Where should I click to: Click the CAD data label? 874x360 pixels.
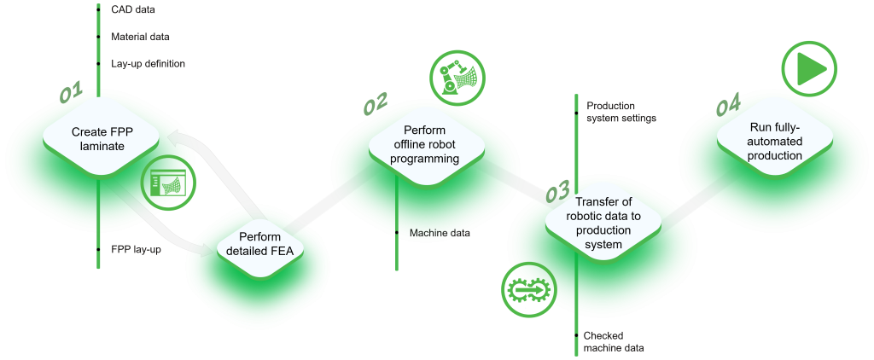click(133, 9)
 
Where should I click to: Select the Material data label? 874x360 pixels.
click(140, 37)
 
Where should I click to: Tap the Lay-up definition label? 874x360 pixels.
click(148, 64)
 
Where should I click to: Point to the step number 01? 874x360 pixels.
click(71, 92)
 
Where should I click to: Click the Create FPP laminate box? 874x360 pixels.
click(101, 139)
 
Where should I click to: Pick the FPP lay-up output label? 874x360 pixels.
click(137, 249)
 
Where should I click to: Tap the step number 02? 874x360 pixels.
click(376, 103)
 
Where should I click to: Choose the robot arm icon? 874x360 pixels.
click(458, 76)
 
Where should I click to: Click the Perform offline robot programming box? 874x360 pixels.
click(425, 145)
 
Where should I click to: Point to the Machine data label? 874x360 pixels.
click(440, 233)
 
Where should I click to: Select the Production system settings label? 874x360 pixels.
click(621, 112)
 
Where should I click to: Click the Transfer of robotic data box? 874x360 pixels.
click(603, 222)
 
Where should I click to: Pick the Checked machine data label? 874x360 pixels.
click(614, 342)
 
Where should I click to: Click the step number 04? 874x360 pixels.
click(727, 106)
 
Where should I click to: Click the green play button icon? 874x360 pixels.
click(809, 70)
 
